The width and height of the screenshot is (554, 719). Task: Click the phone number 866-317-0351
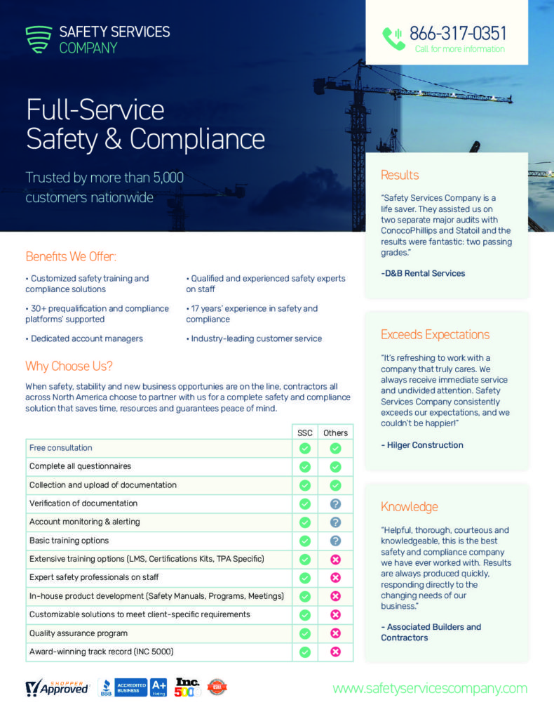coord(457,33)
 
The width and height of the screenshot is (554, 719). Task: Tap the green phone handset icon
coord(393,39)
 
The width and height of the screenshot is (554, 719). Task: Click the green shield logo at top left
coord(39,39)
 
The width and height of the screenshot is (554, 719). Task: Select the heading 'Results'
coord(400,175)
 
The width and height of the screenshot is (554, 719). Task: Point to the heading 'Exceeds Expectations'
coord(435,334)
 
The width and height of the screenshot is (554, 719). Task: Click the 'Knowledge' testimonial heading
coord(409,506)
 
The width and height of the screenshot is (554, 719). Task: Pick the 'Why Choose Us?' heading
coord(69,366)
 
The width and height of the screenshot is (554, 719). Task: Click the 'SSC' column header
coord(305,433)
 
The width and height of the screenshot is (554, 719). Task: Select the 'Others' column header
coord(335,433)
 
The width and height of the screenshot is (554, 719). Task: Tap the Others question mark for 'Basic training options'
coord(335,541)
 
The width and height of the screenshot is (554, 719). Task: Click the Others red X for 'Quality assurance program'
coord(335,633)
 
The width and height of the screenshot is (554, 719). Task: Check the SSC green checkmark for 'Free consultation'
coord(305,448)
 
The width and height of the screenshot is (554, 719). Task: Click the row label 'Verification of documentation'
coord(83,503)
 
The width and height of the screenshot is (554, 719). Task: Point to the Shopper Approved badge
coord(58,687)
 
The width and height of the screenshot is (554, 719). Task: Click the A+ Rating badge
coord(158,687)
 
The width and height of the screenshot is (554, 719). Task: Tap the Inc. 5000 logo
coord(188,687)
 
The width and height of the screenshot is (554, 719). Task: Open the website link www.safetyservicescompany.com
coord(430,688)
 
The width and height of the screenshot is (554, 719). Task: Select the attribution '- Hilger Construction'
coord(422,444)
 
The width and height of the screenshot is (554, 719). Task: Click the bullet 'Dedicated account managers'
coord(84,338)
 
